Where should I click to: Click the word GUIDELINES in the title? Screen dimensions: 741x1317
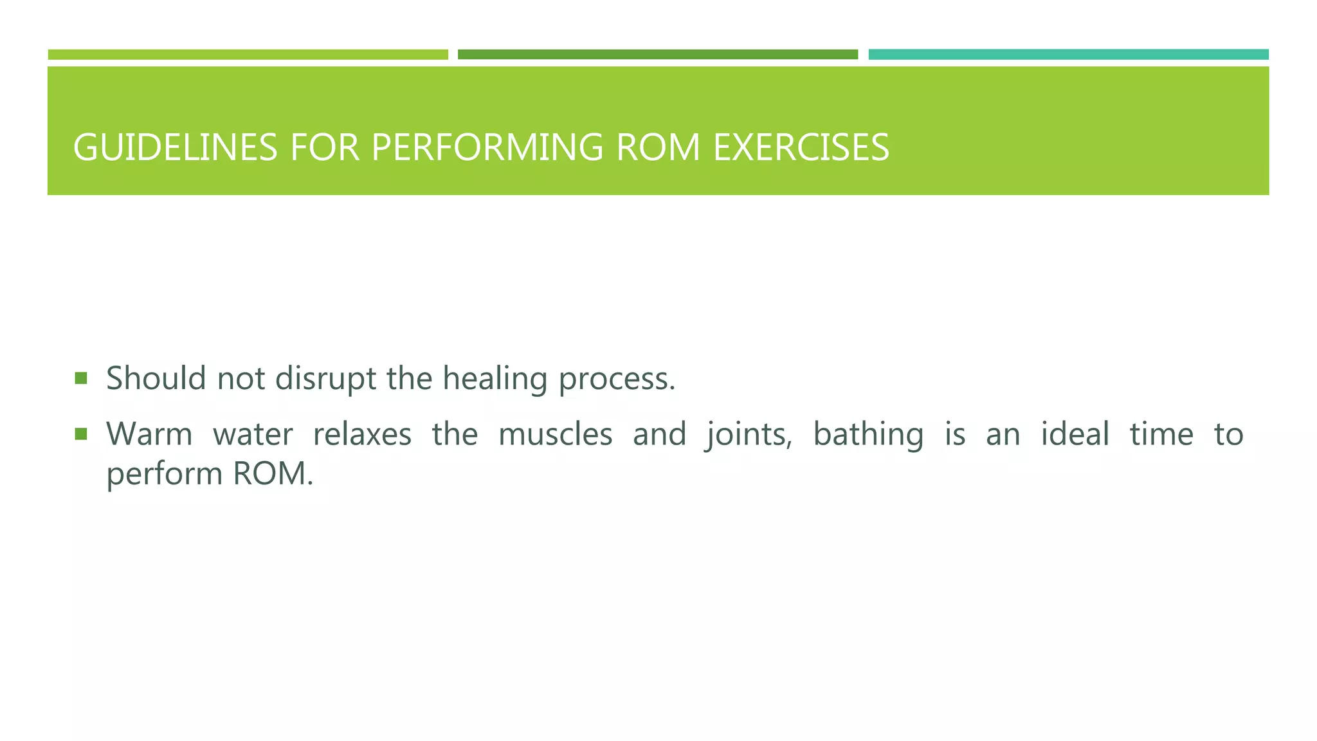click(175, 147)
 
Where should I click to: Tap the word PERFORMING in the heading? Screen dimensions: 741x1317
click(487, 147)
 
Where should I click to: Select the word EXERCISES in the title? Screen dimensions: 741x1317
click(801, 147)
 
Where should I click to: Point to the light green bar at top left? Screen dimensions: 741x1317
click(248, 55)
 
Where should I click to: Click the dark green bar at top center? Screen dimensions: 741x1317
click(657, 55)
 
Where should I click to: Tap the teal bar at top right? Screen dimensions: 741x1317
click(1068, 55)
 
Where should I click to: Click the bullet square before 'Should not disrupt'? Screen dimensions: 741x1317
click(81, 378)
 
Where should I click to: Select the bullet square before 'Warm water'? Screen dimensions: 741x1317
click(81, 435)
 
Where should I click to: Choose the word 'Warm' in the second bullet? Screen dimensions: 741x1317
click(149, 434)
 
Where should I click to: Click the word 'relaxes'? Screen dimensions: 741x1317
click(362, 434)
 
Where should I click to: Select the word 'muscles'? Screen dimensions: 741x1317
click(555, 434)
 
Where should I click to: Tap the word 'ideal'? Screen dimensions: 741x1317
click(1075, 434)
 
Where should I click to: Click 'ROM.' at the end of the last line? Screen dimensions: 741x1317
click(273, 474)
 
